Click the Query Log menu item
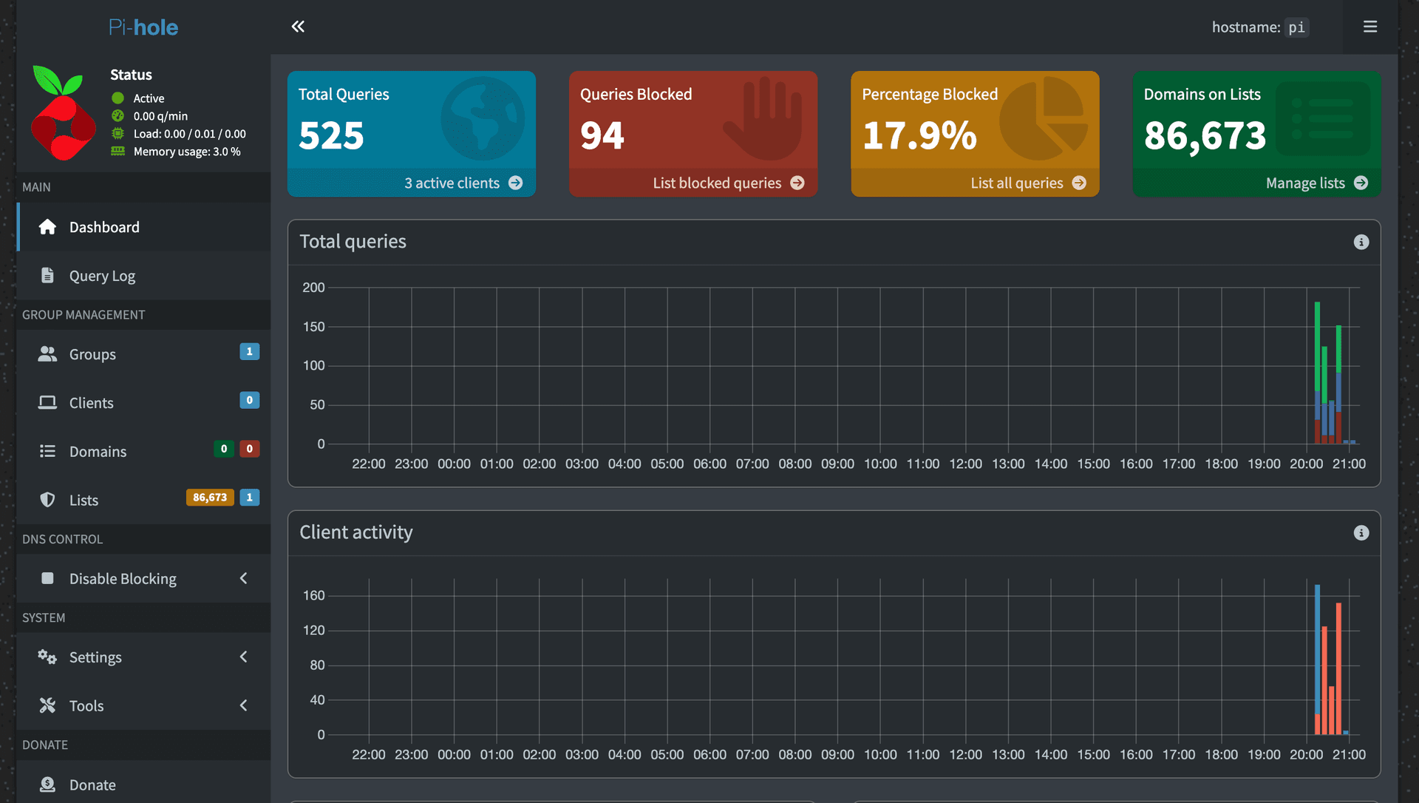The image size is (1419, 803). [102, 276]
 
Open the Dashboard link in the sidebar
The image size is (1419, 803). [103, 227]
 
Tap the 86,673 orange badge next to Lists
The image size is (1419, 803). [210, 498]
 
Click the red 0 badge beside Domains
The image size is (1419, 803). [250, 449]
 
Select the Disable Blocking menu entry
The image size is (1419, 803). [123, 579]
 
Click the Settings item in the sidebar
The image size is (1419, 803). [95, 657]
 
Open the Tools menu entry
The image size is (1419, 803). [86, 706]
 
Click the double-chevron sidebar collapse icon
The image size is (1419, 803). [298, 27]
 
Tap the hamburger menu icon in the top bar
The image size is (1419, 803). [1369, 27]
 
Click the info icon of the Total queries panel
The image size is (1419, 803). [1361, 243]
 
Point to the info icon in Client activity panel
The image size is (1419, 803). [1361, 533]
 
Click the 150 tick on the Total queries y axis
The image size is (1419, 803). [313, 327]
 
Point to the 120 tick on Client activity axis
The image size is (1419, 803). [313, 631]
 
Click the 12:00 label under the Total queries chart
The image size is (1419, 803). [965, 464]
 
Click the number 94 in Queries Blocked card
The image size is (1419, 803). [602, 136]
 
